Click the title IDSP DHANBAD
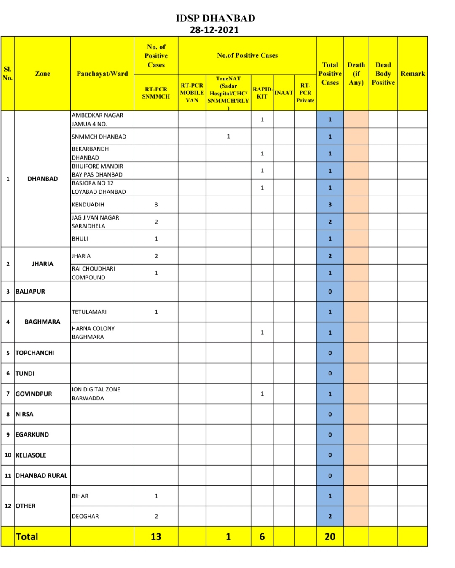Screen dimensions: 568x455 215,18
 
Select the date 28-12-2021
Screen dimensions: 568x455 214,30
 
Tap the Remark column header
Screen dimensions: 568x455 412,74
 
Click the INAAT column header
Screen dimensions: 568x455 284,93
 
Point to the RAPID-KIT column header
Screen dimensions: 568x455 262,93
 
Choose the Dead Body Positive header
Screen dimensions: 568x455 383,74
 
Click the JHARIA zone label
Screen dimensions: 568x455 43,264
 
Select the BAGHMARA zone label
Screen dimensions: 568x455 42,322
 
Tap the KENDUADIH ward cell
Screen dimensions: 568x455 88,205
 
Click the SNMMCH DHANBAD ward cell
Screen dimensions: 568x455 99,137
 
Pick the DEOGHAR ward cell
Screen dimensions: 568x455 85,516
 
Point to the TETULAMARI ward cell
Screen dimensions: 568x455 89,312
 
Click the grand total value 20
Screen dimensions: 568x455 330,536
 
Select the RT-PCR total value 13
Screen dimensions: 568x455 156,536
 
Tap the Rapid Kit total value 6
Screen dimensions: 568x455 262,536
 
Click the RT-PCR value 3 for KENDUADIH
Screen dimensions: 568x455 156,205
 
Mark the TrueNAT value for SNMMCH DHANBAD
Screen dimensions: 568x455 228,137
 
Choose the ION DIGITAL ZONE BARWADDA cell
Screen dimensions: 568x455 96,394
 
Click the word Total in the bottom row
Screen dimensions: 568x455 27,536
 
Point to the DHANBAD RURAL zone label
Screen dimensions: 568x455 41,475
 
